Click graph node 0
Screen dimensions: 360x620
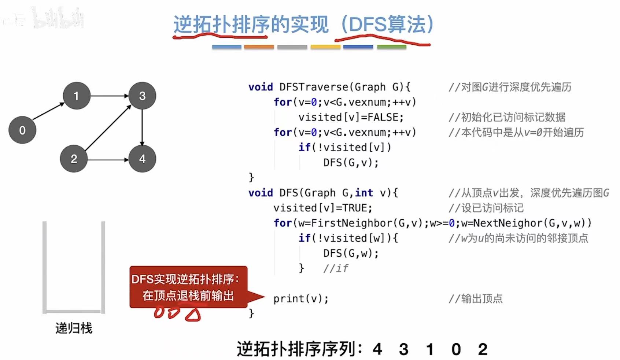(22, 130)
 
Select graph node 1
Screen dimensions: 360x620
(76, 96)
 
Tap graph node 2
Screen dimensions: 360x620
(74, 159)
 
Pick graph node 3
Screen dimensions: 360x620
(142, 96)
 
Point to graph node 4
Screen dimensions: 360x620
(142, 159)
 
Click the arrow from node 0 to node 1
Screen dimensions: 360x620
(49, 111)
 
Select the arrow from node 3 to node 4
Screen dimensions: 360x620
(142, 127)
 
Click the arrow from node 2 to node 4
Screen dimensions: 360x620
(108, 160)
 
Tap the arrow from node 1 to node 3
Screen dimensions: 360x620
(109, 96)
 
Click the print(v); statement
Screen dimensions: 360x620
(300, 299)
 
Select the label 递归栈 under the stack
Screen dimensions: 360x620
(74, 328)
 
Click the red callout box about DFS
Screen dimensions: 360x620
(188, 287)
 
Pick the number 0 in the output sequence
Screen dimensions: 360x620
(456, 349)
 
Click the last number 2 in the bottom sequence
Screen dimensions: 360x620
(483, 349)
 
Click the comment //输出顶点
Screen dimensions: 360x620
(475, 299)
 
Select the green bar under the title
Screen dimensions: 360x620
(391, 47)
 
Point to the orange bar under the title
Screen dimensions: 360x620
(259, 47)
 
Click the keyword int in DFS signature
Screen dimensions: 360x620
(364, 193)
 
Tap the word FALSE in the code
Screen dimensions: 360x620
(383, 117)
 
